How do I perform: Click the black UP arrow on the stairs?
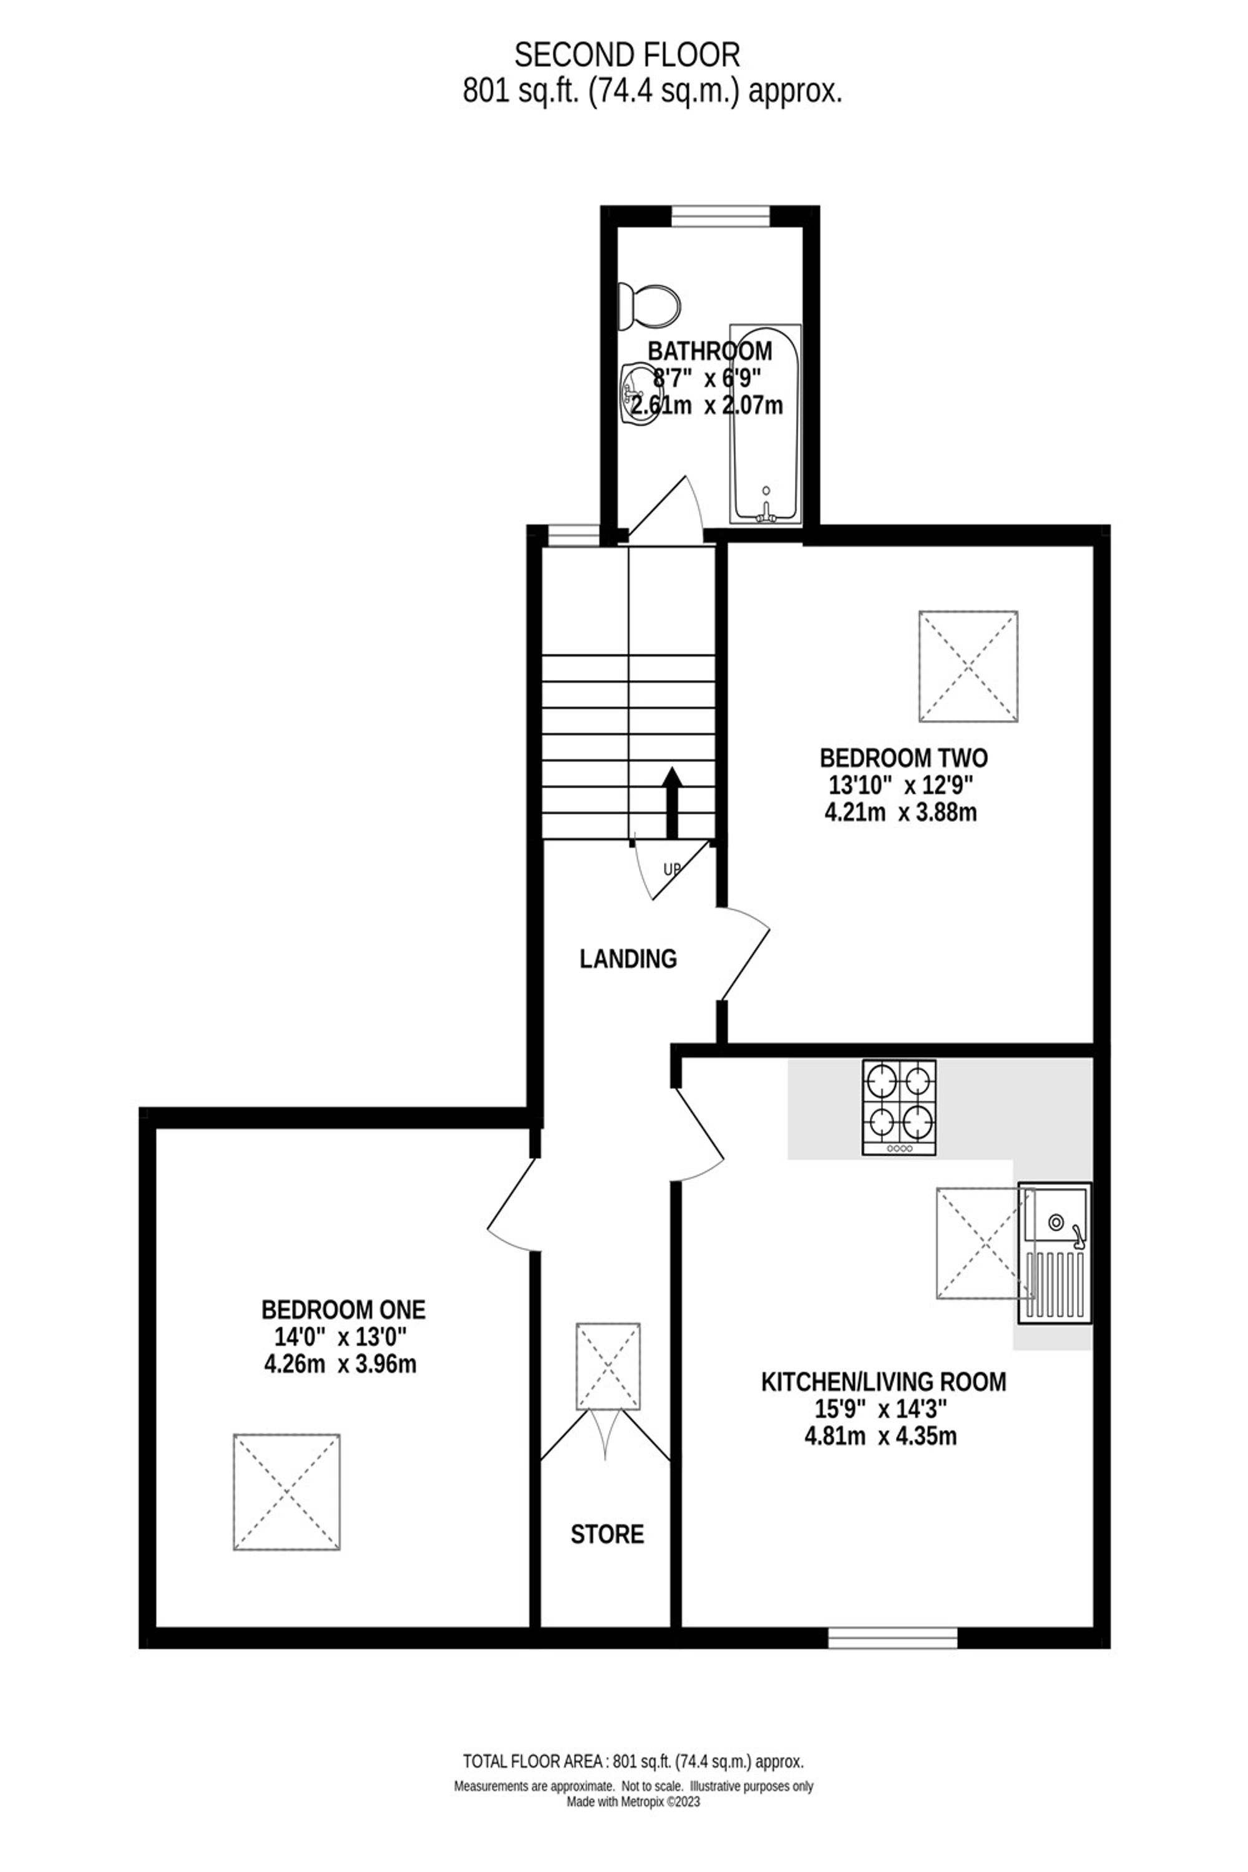[673, 802]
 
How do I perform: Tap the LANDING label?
[628, 959]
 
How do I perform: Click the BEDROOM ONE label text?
[343, 1309]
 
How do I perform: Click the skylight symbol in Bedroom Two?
[968, 666]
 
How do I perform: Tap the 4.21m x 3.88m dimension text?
[901, 812]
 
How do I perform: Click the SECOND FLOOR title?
[627, 56]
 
